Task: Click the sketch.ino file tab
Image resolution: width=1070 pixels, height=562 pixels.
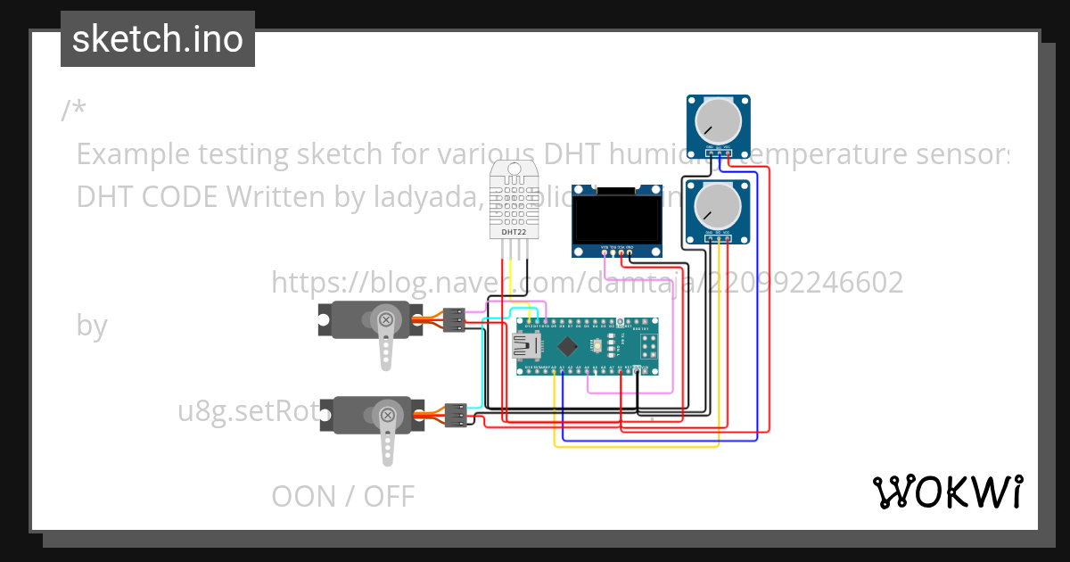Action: point(158,39)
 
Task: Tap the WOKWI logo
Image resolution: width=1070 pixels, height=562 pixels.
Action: point(947,492)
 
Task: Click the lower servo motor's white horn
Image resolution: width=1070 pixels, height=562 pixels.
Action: point(387,433)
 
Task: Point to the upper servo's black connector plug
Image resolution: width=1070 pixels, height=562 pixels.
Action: point(454,319)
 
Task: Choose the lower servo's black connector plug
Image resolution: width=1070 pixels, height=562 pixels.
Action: point(456,415)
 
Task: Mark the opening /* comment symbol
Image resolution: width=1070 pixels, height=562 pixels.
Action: point(74,111)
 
